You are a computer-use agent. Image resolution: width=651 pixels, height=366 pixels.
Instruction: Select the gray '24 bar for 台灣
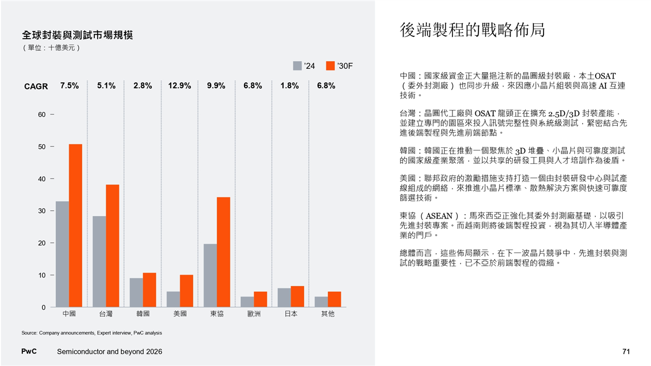click(x=99, y=261)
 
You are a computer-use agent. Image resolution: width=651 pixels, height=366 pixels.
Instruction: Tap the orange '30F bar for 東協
click(x=223, y=252)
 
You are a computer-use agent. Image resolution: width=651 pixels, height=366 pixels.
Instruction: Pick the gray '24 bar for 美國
click(x=173, y=299)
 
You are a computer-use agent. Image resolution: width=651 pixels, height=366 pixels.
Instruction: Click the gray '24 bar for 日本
click(x=284, y=298)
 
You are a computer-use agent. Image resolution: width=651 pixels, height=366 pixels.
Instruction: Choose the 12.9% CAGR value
click(x=180, y=86)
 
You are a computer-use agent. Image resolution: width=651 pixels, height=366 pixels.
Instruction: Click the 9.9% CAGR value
click(x=216, y=86)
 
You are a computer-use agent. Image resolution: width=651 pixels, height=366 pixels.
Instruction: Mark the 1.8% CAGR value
click(x=290, y=86)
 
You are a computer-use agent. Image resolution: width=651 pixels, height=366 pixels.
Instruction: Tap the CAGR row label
click(x=36, y=86)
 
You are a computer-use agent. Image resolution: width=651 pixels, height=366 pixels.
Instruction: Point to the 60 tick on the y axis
click(x=42, y=114)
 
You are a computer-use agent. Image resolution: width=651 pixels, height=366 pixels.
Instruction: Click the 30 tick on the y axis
click(x=42, y=211)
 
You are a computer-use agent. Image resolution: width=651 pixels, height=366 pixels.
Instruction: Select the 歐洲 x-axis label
click(x=253, y=314)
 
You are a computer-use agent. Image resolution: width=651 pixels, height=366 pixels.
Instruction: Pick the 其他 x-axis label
click(x=327, y=314)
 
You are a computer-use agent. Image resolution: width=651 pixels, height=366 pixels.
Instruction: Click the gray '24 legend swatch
click(x=297, y=66)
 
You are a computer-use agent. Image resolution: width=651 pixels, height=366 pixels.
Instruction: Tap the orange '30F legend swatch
click(x=330, y=66)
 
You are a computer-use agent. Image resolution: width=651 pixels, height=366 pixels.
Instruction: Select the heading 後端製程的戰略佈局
click(x=471, y=30)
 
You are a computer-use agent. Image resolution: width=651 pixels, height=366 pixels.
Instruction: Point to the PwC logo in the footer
click(x=29, y=351)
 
